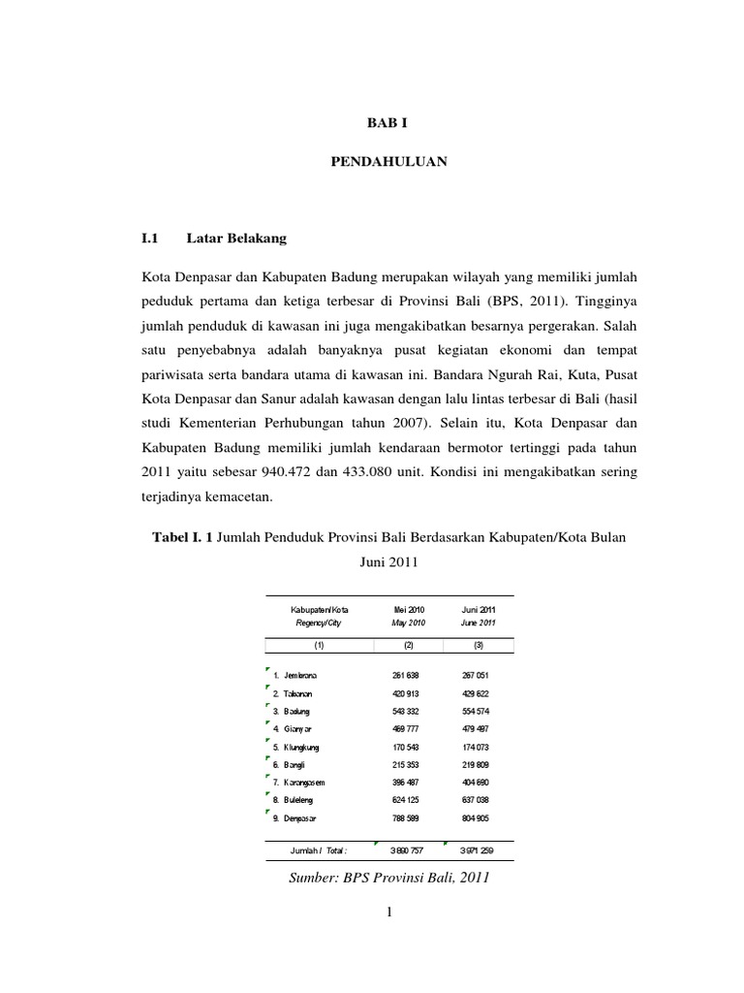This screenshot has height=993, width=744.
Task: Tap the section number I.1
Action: [x=149, y=237]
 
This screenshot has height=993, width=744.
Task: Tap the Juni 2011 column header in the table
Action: [x=478, y=609]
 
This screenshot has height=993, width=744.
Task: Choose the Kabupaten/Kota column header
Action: [x=319, y=609]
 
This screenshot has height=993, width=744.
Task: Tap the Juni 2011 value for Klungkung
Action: [x=478, y=747]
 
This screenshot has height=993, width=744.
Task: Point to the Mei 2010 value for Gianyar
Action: [x=399, y=728]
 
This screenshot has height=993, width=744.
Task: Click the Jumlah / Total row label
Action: [x=318, y=850]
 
